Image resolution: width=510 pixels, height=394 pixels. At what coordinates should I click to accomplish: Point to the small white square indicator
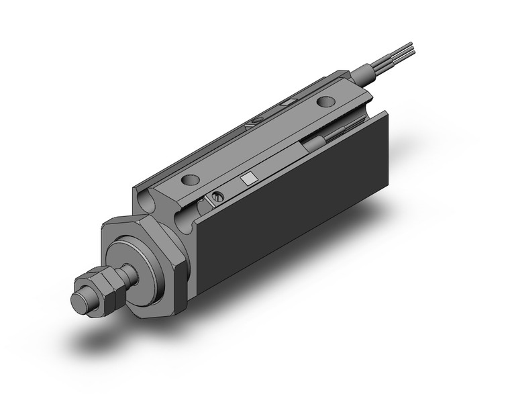pos(248,178)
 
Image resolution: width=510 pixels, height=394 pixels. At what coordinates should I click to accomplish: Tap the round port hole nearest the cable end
pos(325,102)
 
